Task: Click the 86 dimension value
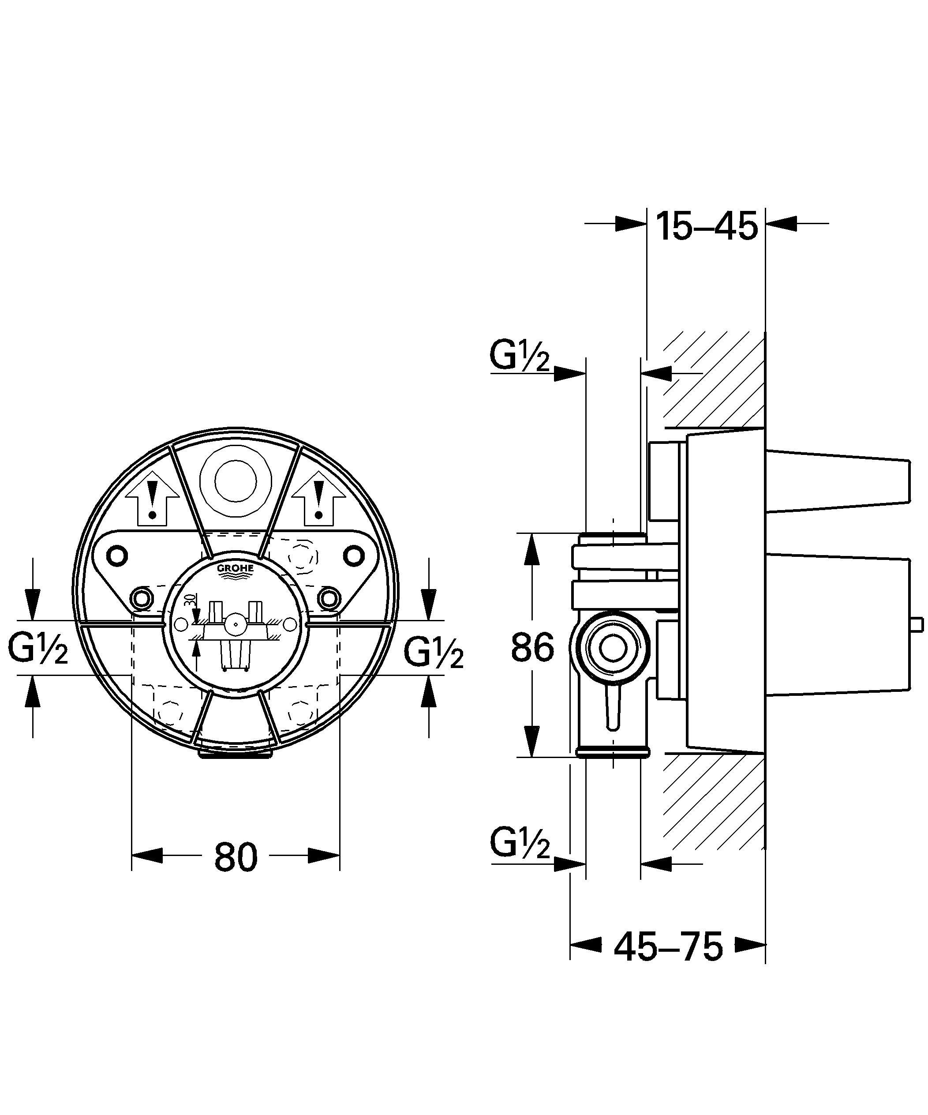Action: [x=532, y=647]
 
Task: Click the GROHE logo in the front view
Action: [x=235, y=570]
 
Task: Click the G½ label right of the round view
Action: [x=434, y=651]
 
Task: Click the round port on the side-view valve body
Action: [x=613, y=650]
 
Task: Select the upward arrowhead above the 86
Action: [x=532, y=549]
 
